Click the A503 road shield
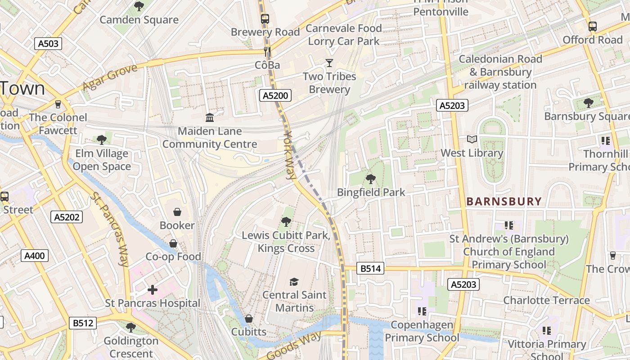[x=48, y=44]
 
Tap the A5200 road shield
[x=275, y=95]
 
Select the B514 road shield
[x=371, y=269]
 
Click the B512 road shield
[x=83, y=323]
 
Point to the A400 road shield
[x=35, y=256]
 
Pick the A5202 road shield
[x=67, y=217]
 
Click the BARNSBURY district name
[x=504, y=202]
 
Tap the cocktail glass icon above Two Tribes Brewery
[x=329, y=63]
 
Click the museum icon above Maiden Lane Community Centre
[x=210, y=118]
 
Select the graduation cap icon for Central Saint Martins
[x=294, y=282]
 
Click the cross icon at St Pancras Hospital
[x=153, y=290]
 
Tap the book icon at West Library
[x=472, y=139]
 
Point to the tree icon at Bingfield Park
[x=371, y=179]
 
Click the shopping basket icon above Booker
[x=177, y=211]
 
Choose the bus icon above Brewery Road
[x=265, y=19]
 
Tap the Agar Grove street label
[x=110, y=77]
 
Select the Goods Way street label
[x=295, y=346]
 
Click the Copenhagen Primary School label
[x=422, y=331]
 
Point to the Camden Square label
[x=139, y=20]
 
